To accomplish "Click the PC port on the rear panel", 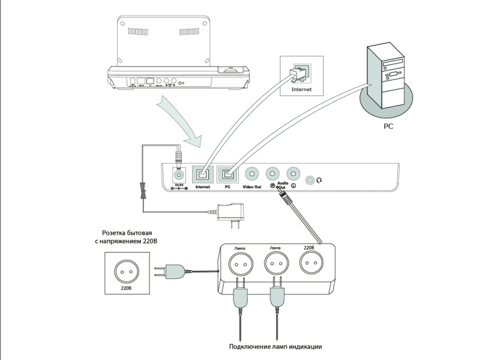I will [227, 174].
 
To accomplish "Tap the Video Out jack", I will [253, 174].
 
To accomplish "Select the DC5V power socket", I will [178, 175].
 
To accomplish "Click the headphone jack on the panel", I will [310, 180].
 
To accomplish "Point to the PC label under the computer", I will [388, 127].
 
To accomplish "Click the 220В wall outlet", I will [126, 271].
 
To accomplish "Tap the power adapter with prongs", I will [231, 212].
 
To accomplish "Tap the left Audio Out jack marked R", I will [272, 173].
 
